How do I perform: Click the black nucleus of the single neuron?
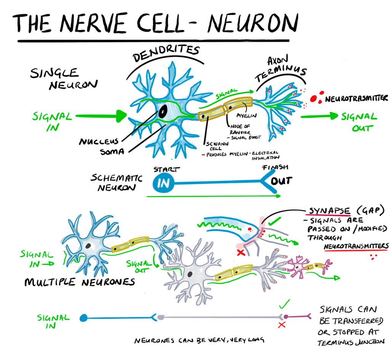[x=163, y=111]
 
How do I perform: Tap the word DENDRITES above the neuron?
[x=167, y=54]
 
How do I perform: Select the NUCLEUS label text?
[x=99, y=142]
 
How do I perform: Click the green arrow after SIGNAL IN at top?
[x=101, y=115]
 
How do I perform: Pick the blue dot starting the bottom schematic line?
[x=83, y=317]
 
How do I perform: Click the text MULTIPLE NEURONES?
[x=80, y=282]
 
